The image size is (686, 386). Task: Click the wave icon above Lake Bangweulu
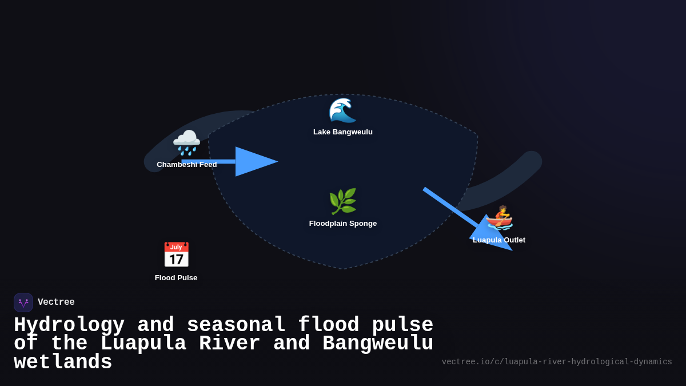(342, 110)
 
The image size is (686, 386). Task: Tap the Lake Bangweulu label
(343, 132)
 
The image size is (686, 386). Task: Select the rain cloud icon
(186, 142)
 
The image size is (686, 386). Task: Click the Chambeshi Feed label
(187, 165)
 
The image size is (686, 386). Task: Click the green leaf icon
(342, 201)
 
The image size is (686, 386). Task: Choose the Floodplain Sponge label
(343, 224)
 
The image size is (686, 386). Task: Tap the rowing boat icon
(499, 217)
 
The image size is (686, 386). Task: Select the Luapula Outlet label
(499, 240)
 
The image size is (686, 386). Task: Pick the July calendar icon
(176, 255)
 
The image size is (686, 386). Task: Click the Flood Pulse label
(176, 278)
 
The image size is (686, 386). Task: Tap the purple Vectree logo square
(23, 303)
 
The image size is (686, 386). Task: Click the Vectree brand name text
(56, 303)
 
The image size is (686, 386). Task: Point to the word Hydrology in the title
(69, 325)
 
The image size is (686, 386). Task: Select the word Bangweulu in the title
(378, 343)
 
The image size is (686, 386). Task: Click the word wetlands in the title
(63, 362)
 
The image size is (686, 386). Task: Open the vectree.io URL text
(557, 362)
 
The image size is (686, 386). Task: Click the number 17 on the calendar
(176, 259)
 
